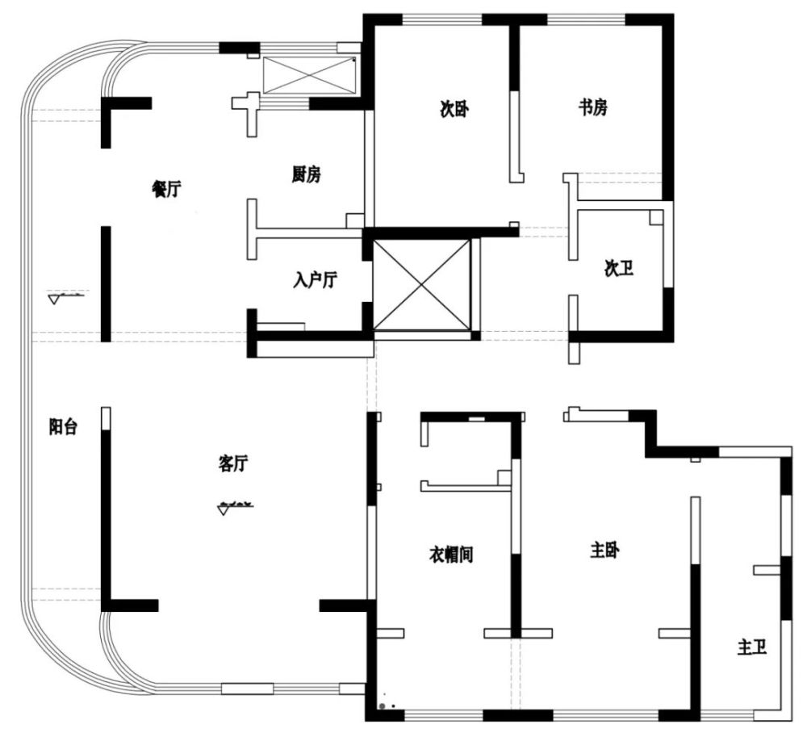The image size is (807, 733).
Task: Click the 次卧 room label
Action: pos(454,109)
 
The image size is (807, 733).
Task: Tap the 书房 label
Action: pos(593,107)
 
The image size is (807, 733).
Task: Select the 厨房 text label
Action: pos(306,174)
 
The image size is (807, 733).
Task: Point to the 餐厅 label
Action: pos(166,189)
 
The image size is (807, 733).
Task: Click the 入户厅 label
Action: pos(316,281)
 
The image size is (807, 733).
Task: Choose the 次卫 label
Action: pos(619,268)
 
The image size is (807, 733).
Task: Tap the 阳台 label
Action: pos(63,427)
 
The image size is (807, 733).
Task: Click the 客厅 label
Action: pos(233,463)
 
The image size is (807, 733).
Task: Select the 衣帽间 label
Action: pos(451,555)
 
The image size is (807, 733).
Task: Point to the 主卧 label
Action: pos(604,551)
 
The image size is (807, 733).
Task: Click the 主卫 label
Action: pos(752,647)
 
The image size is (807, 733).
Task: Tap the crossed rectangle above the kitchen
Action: pos(309,75)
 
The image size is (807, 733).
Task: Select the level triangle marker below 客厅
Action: pos(224,510)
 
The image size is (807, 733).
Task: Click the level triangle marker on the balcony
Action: pos(54,299)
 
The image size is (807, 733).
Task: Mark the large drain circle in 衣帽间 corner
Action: pos(383,706)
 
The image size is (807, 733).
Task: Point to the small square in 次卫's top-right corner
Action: pos(655,217)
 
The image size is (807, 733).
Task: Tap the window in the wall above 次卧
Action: pos(442,20)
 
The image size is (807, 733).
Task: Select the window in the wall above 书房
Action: pos(586,20)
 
